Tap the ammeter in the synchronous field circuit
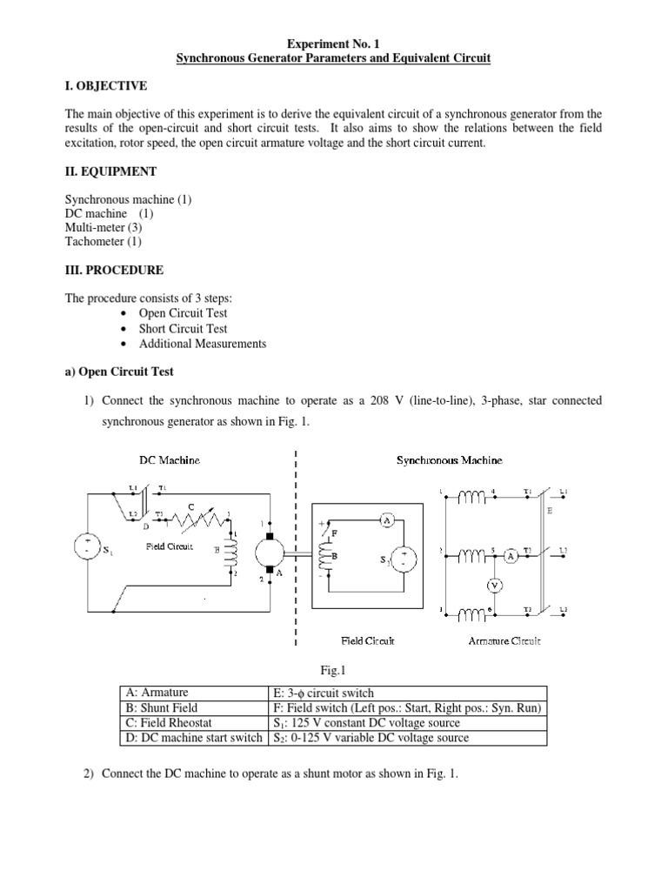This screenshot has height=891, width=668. click(x=388, y=519)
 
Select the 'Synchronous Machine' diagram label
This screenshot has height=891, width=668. click(x=449, y=459)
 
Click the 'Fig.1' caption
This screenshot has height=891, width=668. click(x=333, y=670)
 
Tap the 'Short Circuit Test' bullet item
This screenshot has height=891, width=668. click(x=183, y=328)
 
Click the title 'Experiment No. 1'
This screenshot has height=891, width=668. click(x=334, y=42)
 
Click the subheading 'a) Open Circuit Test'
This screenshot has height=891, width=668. click(x=120, y=371)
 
